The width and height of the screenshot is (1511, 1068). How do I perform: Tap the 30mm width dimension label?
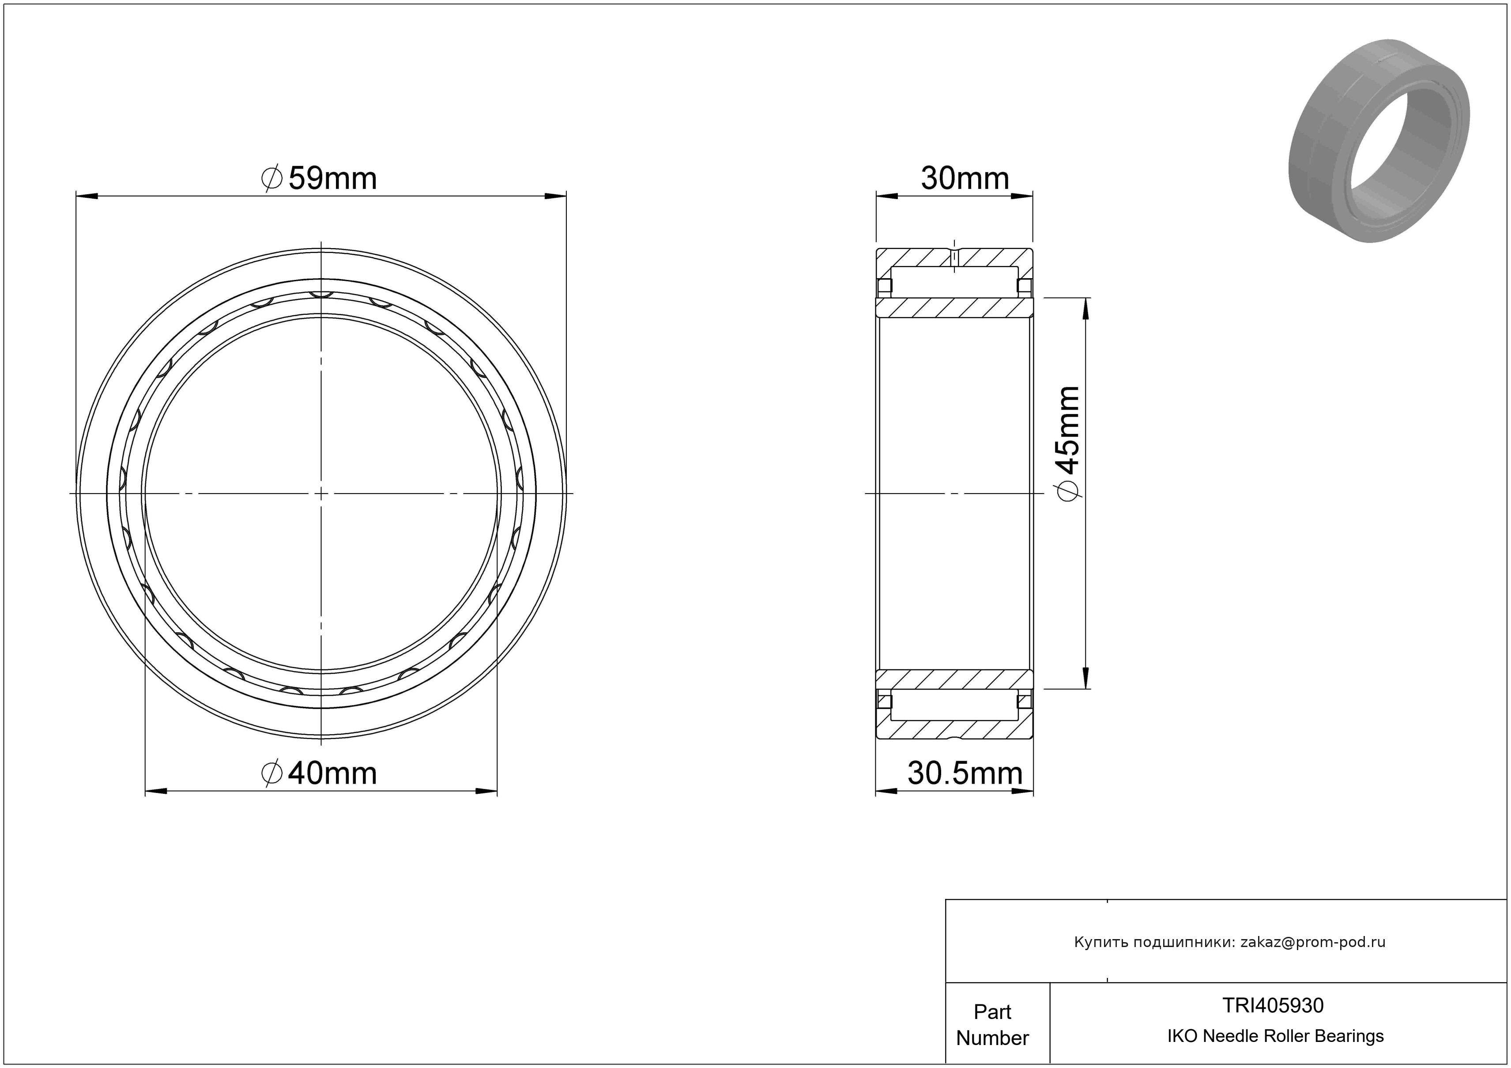coord(965,178)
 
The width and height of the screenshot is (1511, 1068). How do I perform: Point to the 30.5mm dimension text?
coord(965,773)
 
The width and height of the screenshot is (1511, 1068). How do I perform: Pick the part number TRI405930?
coord(1273,1005)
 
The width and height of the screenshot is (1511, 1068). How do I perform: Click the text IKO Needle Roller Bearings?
coord(1275,1036)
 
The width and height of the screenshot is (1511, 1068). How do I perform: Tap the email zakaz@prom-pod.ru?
coord(1312,942)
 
